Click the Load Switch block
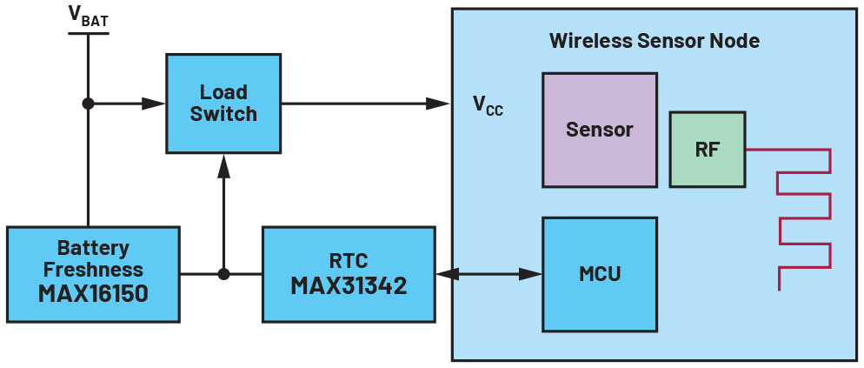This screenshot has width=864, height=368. click(223, 103)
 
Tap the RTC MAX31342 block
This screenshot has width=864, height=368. click(349, 274)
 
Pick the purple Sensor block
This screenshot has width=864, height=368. click(599, 130)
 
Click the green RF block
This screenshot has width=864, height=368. click(707, 149)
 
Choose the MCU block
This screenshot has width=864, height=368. click(599, 274)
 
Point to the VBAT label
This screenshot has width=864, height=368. click(88, 16)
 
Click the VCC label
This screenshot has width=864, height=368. click(487, 105)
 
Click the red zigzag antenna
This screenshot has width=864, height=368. click(805, 217)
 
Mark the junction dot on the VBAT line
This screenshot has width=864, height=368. click(88, 104)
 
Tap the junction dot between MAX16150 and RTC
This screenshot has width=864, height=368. click(223, 274)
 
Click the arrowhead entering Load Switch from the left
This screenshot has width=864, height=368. click(155, 104)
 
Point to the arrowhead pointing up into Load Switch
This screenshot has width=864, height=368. click(223, 162)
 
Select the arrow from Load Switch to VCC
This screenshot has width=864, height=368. click(365, 104)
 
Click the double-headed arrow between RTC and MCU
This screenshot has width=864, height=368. click(488, 274)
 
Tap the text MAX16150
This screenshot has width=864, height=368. click(93, 293)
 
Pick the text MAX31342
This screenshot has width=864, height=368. click(349, 285)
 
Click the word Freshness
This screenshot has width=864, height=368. click(93, 270)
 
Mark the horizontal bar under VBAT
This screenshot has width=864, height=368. click(88, 34)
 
